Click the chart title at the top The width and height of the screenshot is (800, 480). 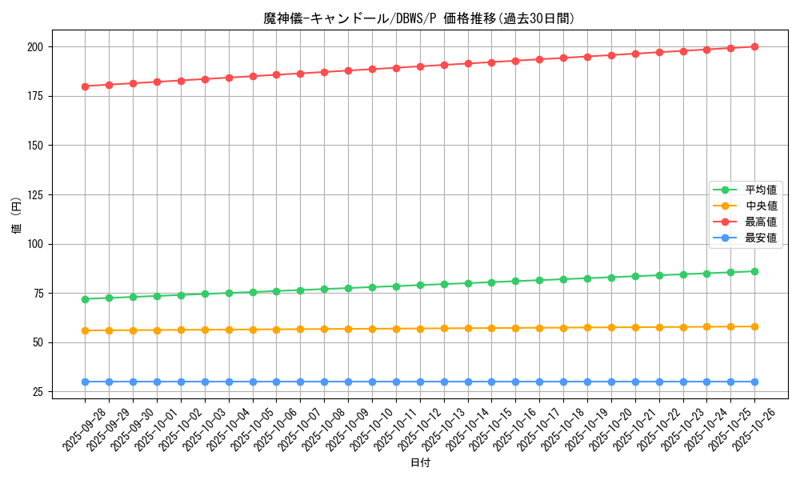tap(419, 18)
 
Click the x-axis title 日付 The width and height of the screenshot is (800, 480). tap(419, 463)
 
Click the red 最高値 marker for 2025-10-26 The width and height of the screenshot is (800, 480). tap(754, 46)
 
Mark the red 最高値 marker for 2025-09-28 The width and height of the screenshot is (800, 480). tap(85, 86)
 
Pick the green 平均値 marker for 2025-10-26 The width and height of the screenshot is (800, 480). tap(754, 271)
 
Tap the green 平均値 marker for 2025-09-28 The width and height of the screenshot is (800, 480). tap(85, 299)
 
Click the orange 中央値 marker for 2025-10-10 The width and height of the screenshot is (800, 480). tap(372, 329)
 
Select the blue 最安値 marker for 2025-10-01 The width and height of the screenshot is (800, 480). tap(157, 382)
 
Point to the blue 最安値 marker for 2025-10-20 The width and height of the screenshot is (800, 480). tap(611, 382)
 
